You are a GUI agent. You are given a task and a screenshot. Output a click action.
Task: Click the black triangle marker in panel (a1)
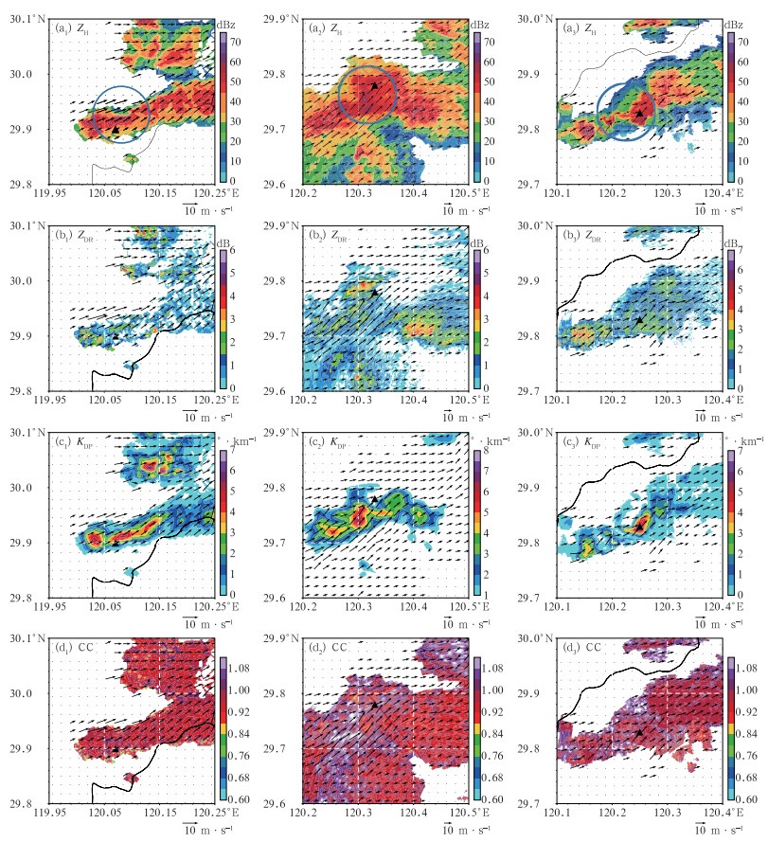click(116, 128)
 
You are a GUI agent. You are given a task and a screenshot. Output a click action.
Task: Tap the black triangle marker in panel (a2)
click(374, 85)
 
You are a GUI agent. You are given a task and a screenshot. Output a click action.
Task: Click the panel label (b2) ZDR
click(331, 236)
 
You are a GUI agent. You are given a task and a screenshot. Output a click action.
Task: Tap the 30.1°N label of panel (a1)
click(23, 17)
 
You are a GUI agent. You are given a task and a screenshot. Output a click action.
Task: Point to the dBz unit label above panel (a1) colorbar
click(226, 25)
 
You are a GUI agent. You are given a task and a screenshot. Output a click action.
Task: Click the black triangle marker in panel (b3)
click(639, 319)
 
